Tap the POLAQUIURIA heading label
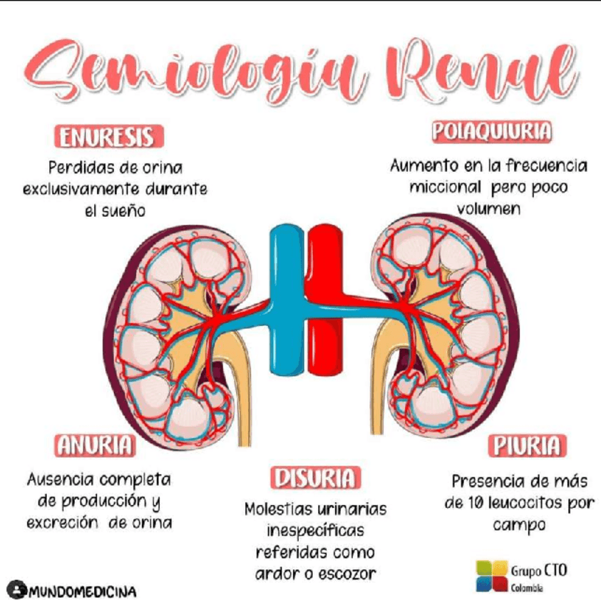click(491, 132)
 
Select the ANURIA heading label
click(95, 445)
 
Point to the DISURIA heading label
click(314, 478)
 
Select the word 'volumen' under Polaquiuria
click(489, 210)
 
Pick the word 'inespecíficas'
click(315, 531)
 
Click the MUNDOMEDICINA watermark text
click(83, 591)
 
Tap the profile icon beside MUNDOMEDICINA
click(16, 590)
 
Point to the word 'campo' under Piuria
click(519, 525)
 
